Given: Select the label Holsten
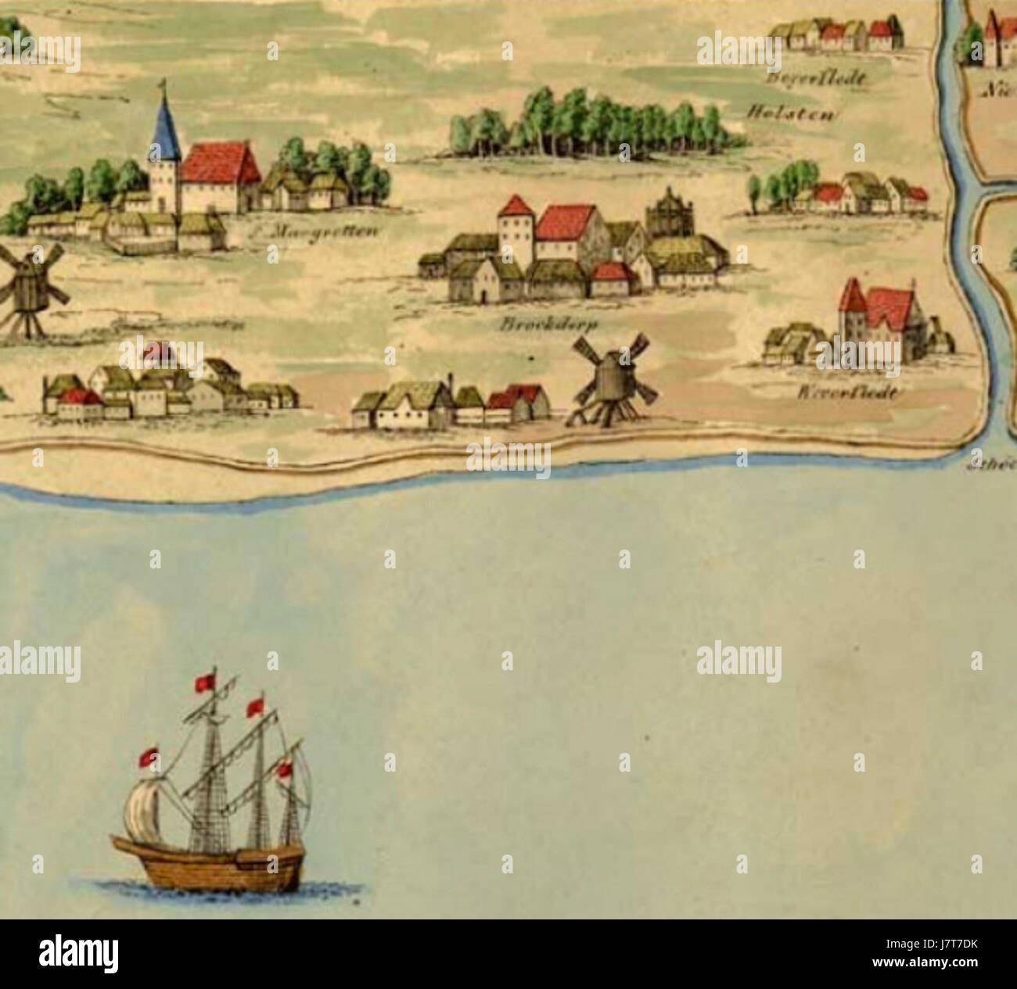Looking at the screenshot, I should (792, 114).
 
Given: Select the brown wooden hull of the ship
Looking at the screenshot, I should (211, 864).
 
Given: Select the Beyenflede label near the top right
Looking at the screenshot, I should (815, 79).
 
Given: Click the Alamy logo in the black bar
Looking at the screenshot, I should (78, 954).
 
